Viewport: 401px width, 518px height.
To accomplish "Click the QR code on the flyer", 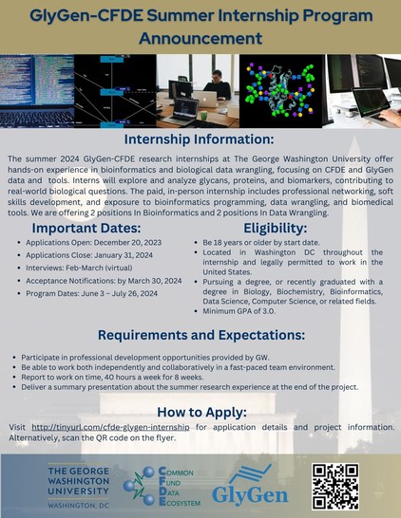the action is pyautogui.click(x=335, y=487).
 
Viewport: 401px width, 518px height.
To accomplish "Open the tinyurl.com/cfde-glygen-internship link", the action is pyautogui.click(x=110, y=427).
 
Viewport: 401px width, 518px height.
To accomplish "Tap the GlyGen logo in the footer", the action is pyautogui.click(x=250, y=486).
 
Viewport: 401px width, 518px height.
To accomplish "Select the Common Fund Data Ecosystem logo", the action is pyautogui.click(x=162, y=487).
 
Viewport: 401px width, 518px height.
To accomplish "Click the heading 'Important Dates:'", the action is pyautogui.click(x=86, y=228).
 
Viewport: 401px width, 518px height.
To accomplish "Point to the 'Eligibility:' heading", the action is pyautogui.click(x=276, y=228).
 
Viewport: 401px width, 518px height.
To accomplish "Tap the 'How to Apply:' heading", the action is pyautogui.click(x=201, y=413).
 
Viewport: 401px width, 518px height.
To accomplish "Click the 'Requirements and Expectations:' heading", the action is pyautogui.click(x=201, y=335).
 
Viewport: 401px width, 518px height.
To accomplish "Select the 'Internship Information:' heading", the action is pyautogui.click(x=199, y=139).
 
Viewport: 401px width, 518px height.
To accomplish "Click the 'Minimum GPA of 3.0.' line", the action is pyautogui.click(x=239, y=311).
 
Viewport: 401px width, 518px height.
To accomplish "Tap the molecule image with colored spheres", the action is pyautogui.click(x=281, y=91).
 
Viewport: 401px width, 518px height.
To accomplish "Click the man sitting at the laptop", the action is pyautogui.click(x=217, y=85).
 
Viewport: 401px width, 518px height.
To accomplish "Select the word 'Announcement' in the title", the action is pyautogui.click(x=200, y=38).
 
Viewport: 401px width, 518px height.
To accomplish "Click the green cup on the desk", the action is pyautogui.click(x=203, y=116).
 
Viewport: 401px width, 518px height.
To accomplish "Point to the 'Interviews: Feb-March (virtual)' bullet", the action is pyautogui.click(x=79, y=268).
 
